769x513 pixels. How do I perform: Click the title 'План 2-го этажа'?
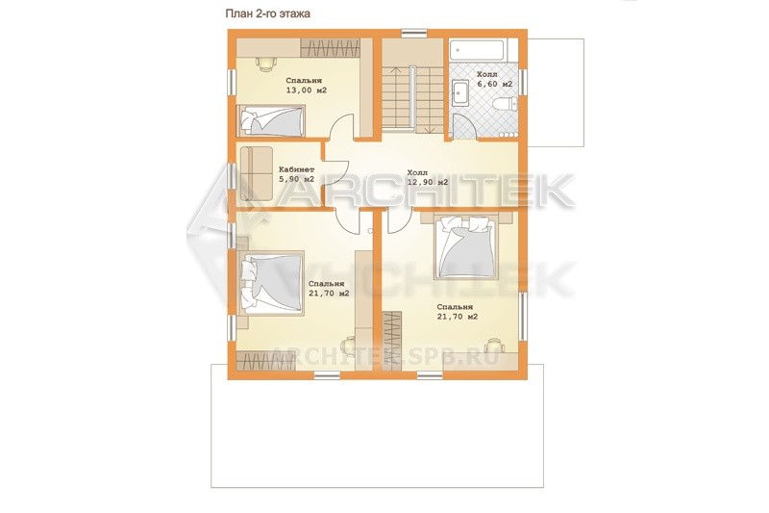[267, 13]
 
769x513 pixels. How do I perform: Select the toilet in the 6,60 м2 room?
[506, 104]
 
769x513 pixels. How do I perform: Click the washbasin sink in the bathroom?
[461, 92]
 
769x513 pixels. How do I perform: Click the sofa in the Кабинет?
[256, 173]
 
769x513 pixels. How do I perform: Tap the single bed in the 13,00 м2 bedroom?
[271, 119]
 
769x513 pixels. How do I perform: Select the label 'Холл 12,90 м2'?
[427, 178]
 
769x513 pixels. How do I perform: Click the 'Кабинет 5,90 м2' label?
[297, 174]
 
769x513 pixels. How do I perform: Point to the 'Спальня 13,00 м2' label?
[306, 86]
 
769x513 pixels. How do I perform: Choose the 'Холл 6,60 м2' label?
[494, 79]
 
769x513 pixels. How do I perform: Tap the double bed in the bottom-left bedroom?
[272, 283]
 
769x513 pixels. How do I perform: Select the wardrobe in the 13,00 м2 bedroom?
[331, 48]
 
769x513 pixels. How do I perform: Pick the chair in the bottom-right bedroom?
[493, 346]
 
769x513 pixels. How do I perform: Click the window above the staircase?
[415, 34]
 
